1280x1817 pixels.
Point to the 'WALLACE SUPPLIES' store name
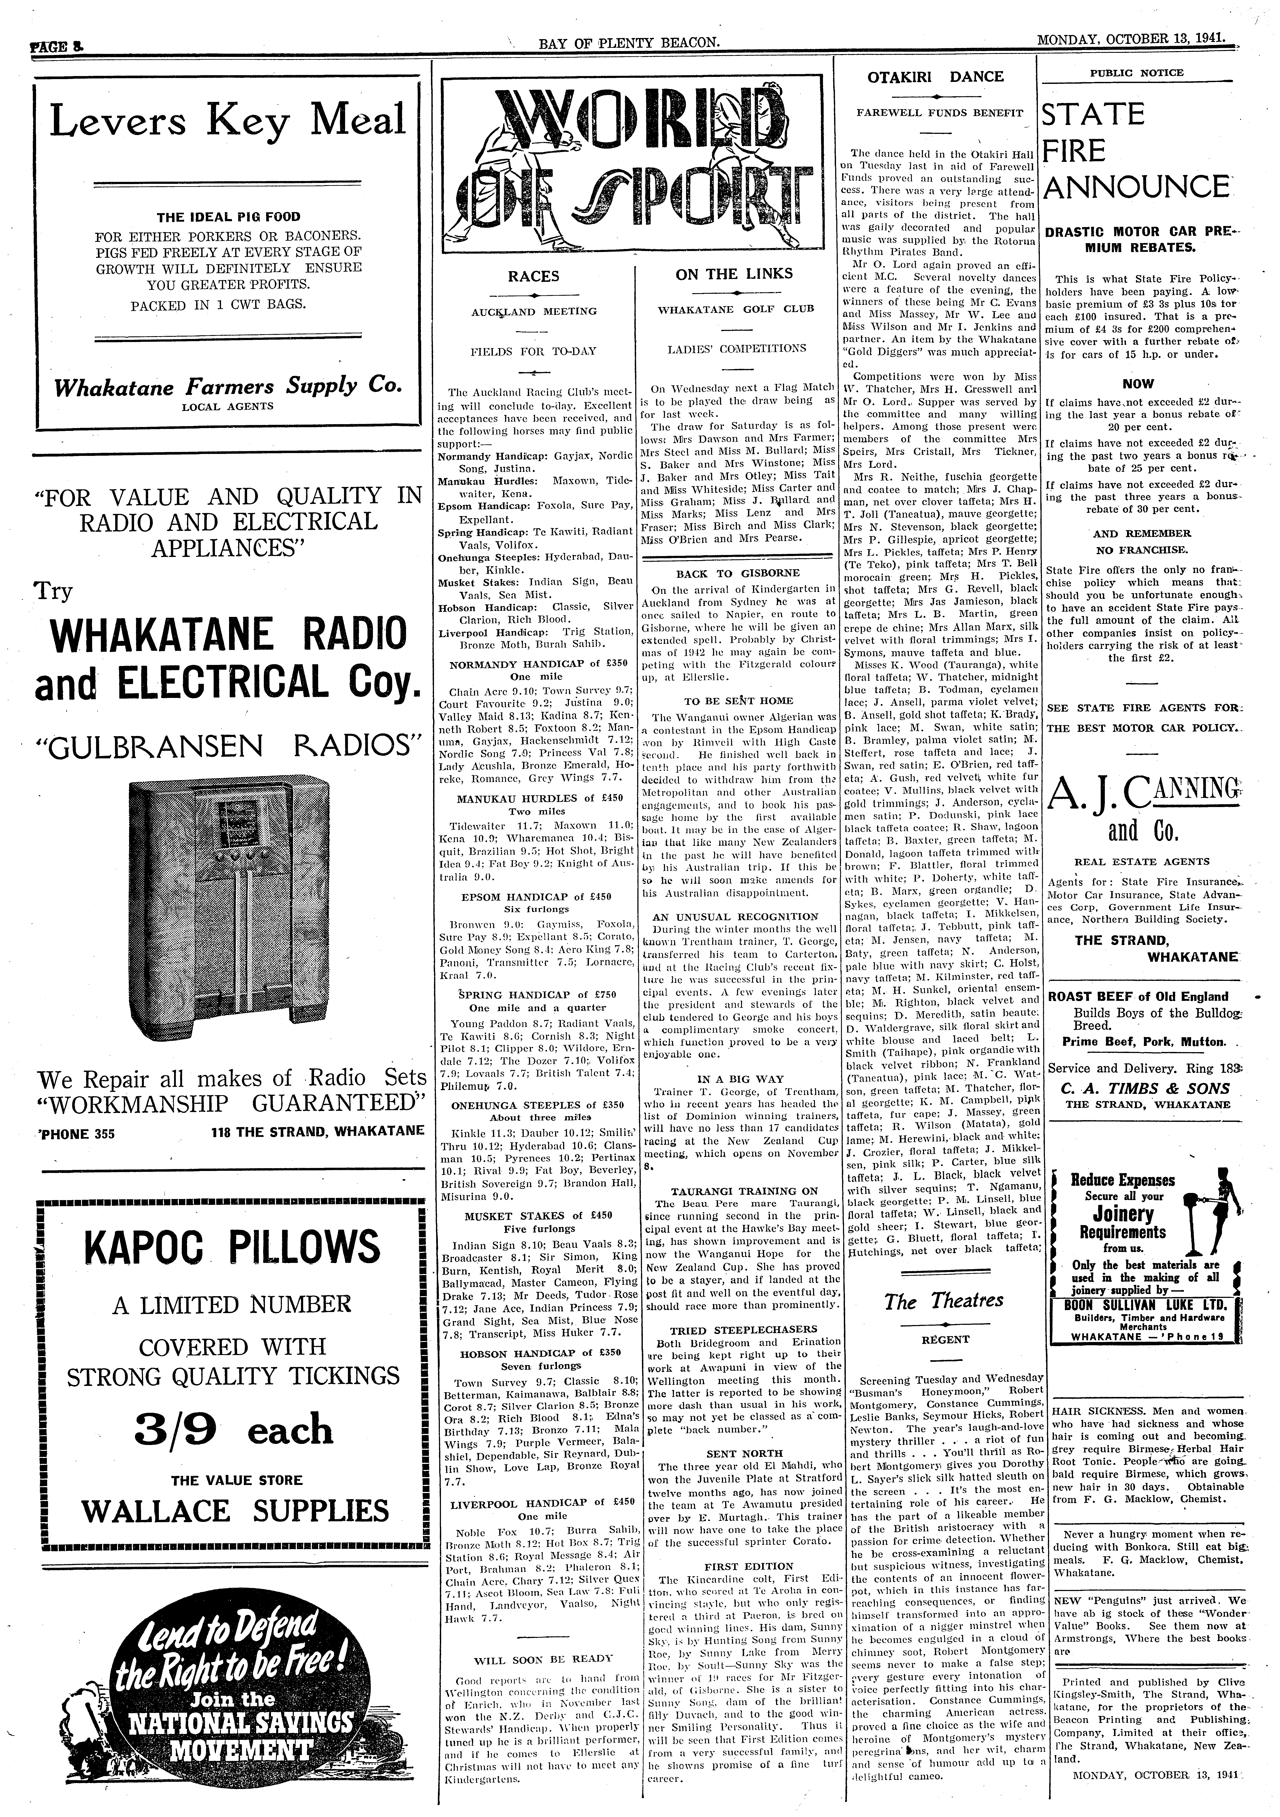(x=235, y=1511)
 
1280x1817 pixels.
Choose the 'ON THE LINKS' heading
(x=734, y=274)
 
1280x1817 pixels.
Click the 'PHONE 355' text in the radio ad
(x=76, y=1133)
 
